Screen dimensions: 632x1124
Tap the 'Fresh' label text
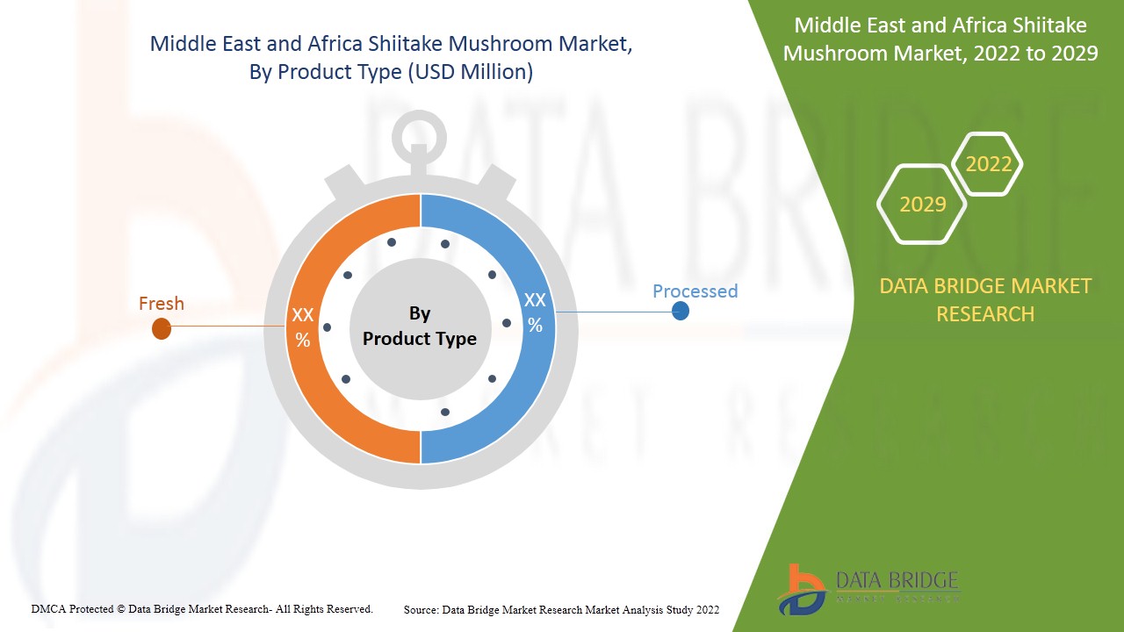(x=162, y=304)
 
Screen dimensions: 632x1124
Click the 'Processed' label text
(x=695, y=291)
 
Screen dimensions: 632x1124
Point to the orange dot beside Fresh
(x=162, y=328)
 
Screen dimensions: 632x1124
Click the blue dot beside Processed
(x=681, y=311)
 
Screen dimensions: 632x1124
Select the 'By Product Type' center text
(x=420, y=326)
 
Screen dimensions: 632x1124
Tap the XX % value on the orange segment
(x=303, y=327)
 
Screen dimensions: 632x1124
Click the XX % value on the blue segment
(x=535, y=312)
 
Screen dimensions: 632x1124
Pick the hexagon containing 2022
(x=989, y=164)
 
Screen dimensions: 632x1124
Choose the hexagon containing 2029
(x=923, y=205)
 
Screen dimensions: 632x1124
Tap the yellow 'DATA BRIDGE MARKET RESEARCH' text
(x=985, y=299)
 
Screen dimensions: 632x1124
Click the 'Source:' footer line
(x=561, y=609)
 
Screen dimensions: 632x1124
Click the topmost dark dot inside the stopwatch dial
(x=392, y=242)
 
